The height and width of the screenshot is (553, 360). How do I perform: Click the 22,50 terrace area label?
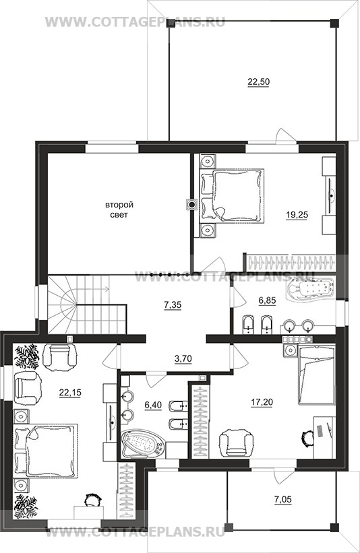258,82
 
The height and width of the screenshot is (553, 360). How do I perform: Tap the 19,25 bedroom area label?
297,215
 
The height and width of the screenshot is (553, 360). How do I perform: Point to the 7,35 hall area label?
173,304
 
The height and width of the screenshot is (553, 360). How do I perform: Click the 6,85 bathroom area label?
267,300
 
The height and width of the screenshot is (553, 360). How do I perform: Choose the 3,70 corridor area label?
183,359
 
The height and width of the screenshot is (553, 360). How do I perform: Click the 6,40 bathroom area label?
153,405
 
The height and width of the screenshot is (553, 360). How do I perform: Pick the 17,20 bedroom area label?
262,401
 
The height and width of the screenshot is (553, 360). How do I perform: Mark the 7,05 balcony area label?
282,499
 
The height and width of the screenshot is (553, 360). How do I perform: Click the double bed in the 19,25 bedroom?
232,196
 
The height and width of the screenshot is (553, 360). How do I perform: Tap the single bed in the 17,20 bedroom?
316,375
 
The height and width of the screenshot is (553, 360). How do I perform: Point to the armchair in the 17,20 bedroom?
237,443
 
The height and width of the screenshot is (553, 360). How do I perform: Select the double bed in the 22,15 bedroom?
45,451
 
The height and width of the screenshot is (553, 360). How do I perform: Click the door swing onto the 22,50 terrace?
283,135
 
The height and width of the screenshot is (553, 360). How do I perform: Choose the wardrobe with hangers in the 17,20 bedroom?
200,421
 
